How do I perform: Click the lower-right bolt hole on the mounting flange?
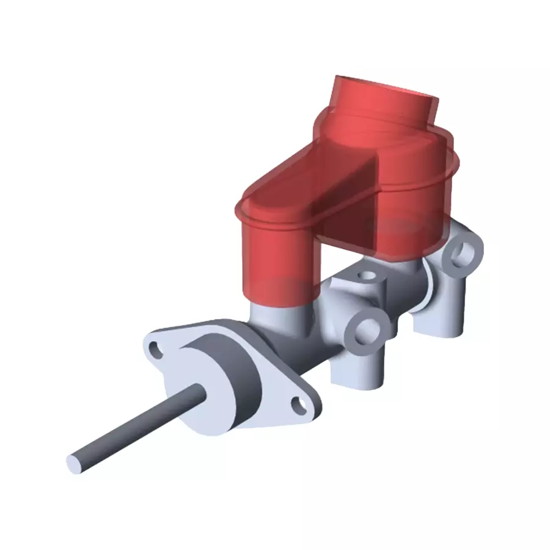[x=299, y=403]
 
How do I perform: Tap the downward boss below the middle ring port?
[x=358, y=373]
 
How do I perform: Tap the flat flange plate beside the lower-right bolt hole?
[x=281, y=409]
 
